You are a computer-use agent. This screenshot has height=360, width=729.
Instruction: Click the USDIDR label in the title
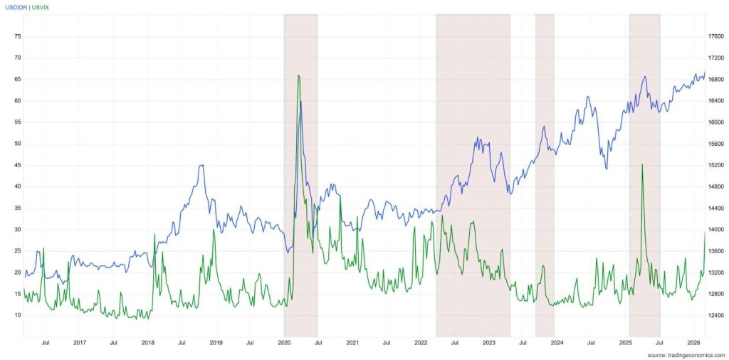[x=17, y=6]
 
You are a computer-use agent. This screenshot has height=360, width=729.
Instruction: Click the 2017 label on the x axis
[x=80, y=342]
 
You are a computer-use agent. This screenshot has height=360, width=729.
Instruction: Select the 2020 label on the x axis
[x=284, y=342]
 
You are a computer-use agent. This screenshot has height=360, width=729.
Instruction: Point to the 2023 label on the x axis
[x=489, y=342]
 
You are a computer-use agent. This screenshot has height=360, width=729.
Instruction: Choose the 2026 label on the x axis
[x=694, y=342]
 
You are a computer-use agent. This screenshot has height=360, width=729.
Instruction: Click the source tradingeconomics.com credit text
[x=686, y=354]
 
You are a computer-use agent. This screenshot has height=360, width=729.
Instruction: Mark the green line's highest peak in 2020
[x=298, y=75]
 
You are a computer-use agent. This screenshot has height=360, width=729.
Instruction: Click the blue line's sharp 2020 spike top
[x=301, y=102]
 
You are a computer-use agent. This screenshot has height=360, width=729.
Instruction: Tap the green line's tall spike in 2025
[x=642, y=164]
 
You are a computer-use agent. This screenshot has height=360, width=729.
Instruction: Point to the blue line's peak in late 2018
[x=203, y=165]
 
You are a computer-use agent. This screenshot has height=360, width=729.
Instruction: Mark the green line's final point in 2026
[x=705, y=232]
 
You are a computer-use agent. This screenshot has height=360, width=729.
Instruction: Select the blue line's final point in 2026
[x=705, y=73]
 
